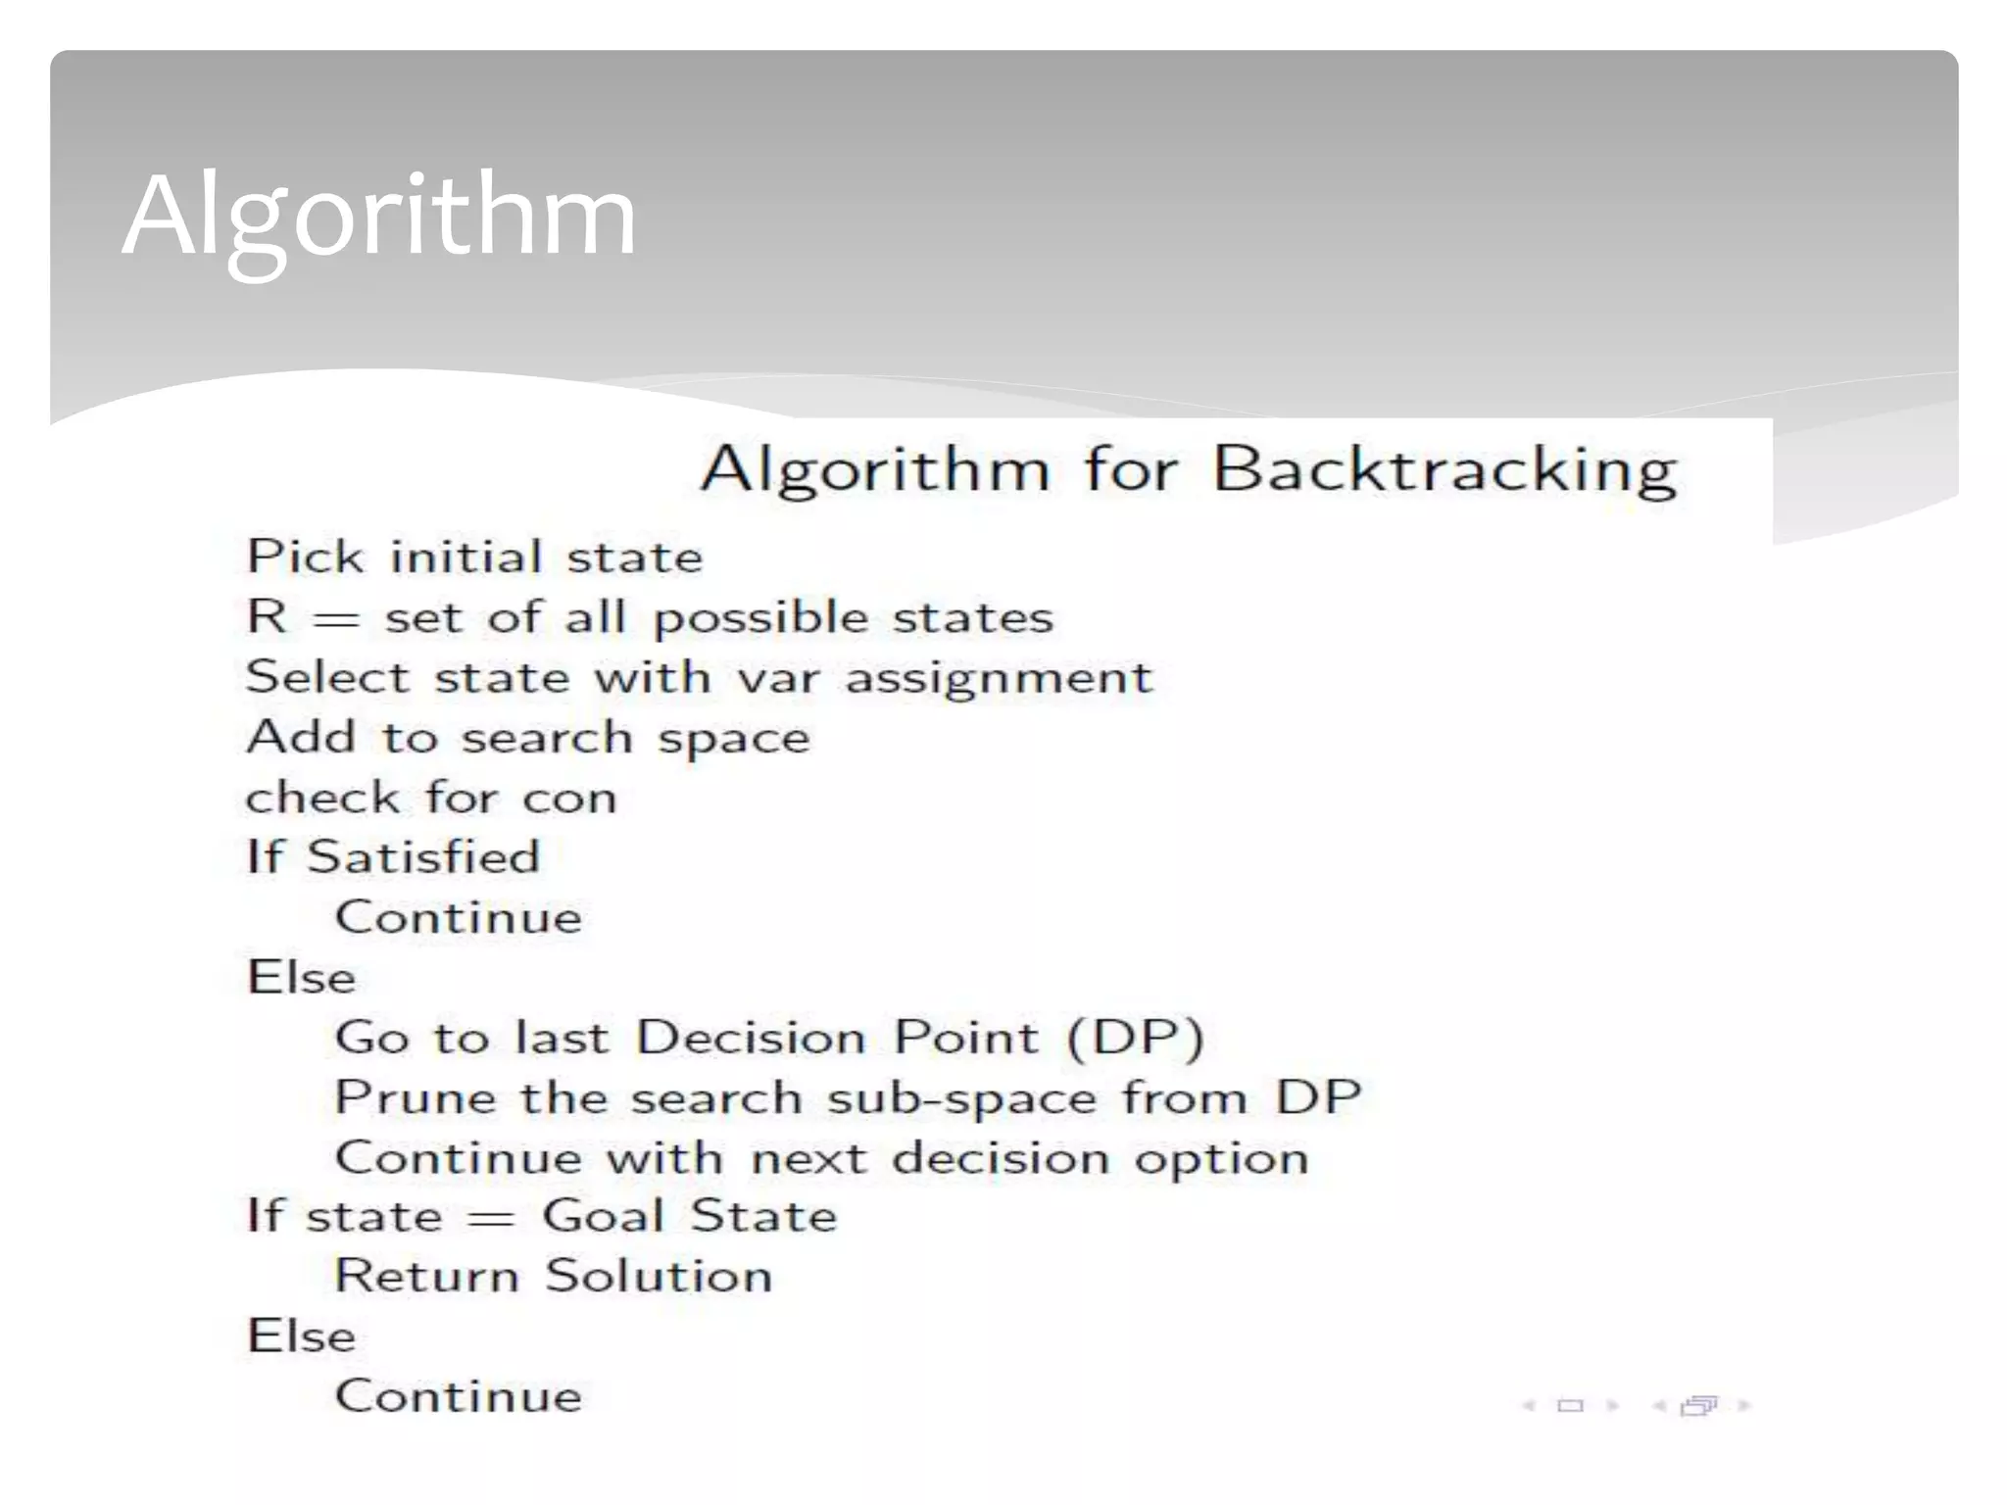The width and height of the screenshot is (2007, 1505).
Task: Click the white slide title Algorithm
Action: click(x=379, y=217)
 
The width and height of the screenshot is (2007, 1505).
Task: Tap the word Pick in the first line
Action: click(x=305, y=557)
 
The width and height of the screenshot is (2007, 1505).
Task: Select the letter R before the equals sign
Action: click(x=268, y=616)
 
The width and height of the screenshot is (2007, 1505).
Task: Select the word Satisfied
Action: click(x=423, y=857)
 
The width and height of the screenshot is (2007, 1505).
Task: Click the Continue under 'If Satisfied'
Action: click(x=459, y=918)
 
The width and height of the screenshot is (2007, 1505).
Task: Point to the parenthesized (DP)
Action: click(x=1135, y=1038)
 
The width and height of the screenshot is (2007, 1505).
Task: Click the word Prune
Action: click(x=416, y=1097)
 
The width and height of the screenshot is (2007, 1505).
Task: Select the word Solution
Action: click(x=659, y=1277)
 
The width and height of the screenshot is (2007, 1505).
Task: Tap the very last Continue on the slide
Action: click(x=459, y=1396)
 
